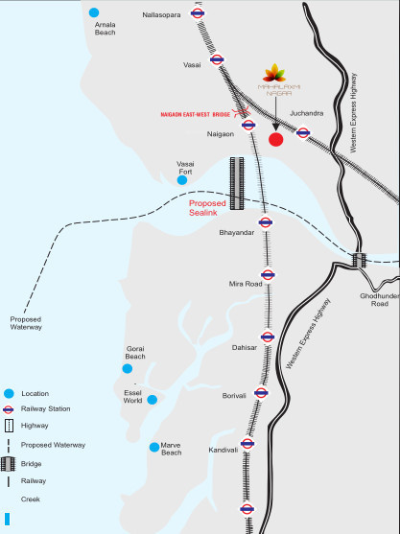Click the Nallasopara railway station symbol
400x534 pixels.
pos(197,14)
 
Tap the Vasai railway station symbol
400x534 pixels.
pos(218,58)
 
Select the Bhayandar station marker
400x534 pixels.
pos(267,221)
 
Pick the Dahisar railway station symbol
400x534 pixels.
pos(269,337)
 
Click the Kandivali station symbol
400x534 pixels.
pos(247,443)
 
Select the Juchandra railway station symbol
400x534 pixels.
pos(303,133)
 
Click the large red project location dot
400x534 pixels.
pos(275,140)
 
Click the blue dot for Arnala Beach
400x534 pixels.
pos(93,12)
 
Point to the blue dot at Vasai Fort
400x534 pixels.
pos(181,179)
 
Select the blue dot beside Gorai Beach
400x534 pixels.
pos(127,368)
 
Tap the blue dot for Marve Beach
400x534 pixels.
pos(153,448)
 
